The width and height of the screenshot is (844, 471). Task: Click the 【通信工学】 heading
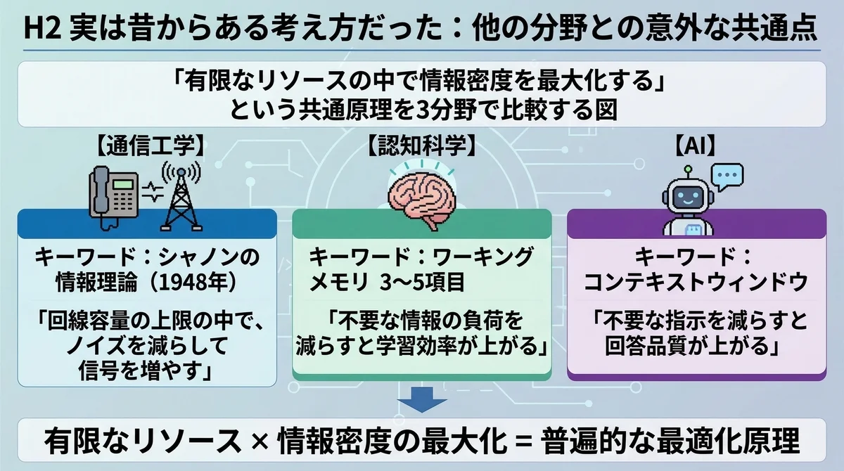click(x=151, y=146)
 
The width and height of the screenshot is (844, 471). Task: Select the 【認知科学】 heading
click(x=421, y=146)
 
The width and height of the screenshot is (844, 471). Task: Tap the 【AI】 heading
click(x=694, y=146)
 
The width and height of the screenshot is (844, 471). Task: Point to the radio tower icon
click(x=181, y=197)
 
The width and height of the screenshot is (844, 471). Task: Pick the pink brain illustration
click(x=421, y=200)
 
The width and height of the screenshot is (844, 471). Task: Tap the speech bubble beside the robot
click(x=727, y=177)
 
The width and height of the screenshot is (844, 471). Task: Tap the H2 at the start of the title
click(x=42, y=29)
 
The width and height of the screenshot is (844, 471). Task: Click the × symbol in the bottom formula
click(x=260, y=441)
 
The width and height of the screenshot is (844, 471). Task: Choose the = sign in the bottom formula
click(x=524, y=441)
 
